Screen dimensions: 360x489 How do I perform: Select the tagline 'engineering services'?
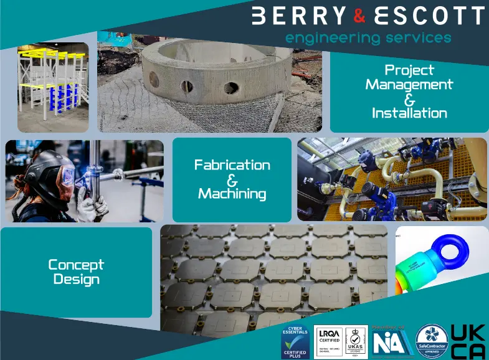pyautogui.click(x=368, y=38)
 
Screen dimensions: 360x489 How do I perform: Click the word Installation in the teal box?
pyautogui.click(x=409, y=113)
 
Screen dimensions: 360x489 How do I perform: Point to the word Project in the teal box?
pyautogui.click(x=409, y=70)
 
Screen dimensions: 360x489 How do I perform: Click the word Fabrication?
pyautogui.click(x=232, y=165)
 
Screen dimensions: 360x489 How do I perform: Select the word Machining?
pyautogui.click(x=232, y=194)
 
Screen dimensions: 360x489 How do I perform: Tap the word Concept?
pyautogui.click(x=76, y=265)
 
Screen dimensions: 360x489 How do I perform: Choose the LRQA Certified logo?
pyautogui.click(x=329, y=343)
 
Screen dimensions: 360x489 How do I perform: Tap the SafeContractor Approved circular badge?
pyautogui.click(x=432, y=342)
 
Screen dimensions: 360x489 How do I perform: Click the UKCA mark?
pyautogui.click(x=468, y=342)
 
